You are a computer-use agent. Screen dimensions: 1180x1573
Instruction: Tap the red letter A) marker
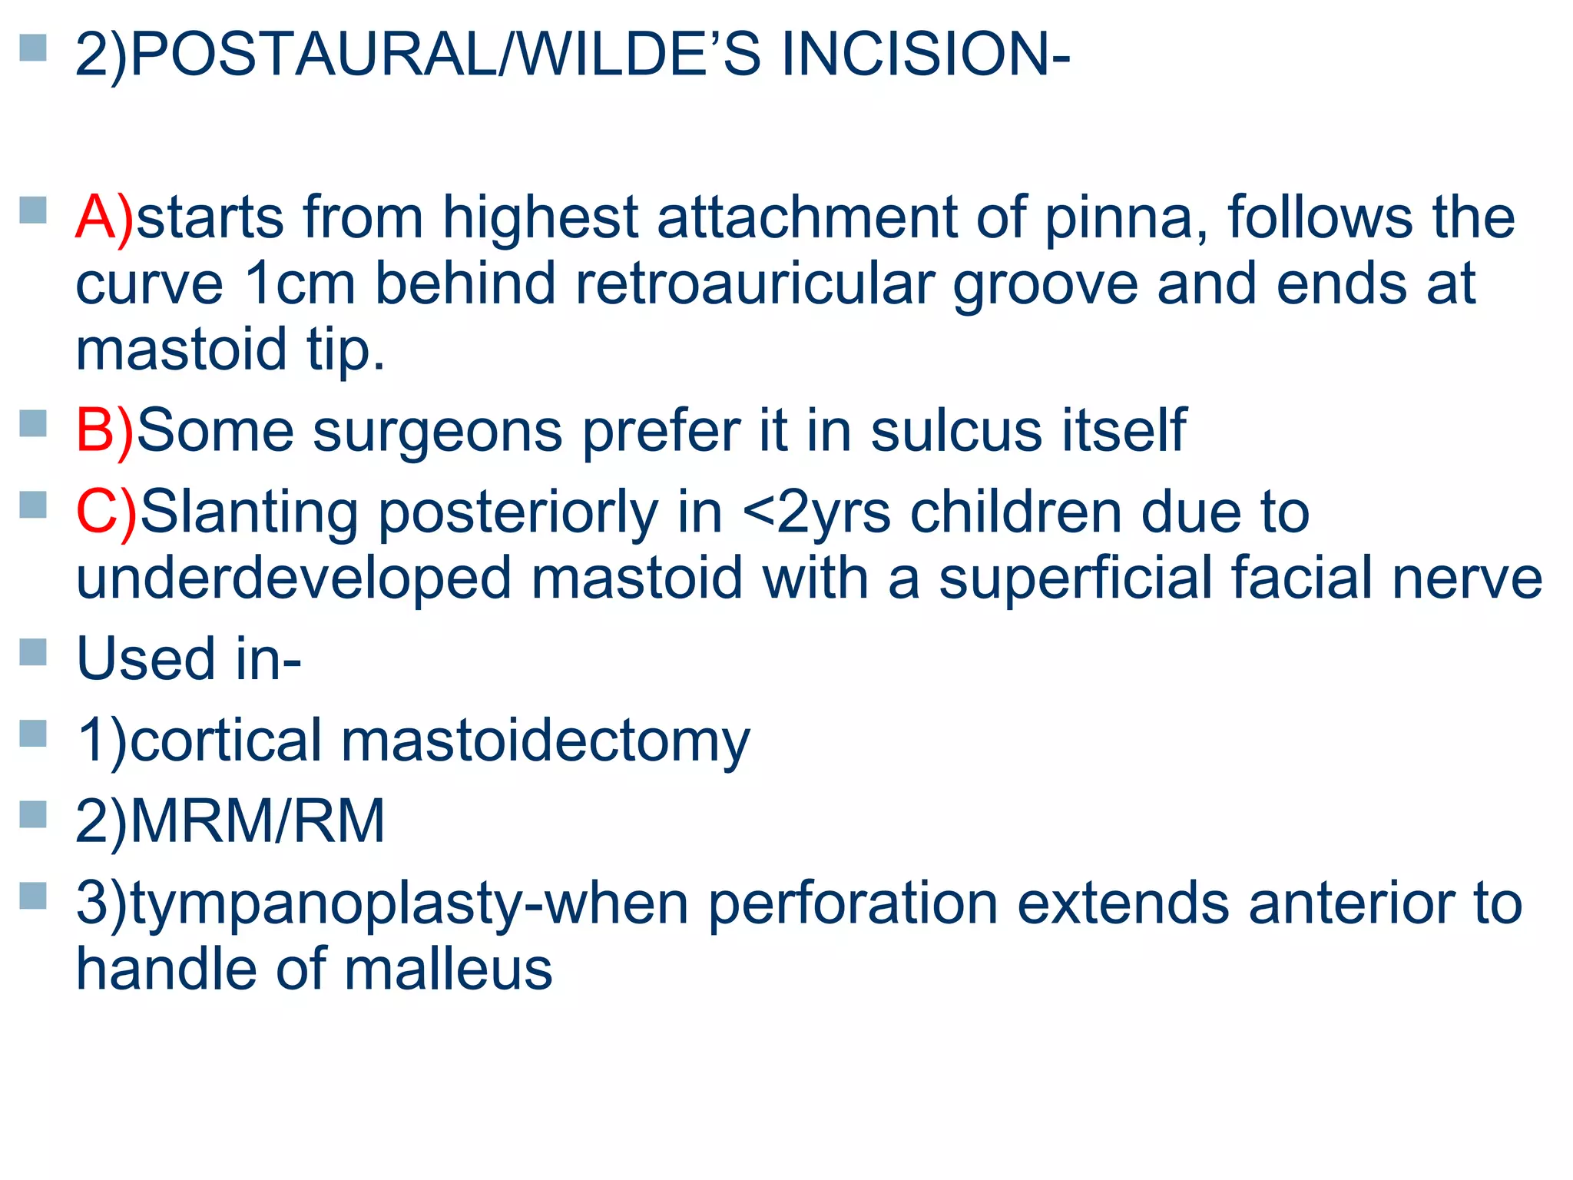104,217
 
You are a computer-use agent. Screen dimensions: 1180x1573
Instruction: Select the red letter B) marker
104,430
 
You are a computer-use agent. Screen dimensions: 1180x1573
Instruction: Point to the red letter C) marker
106,512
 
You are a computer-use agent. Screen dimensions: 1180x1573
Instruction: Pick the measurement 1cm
300,283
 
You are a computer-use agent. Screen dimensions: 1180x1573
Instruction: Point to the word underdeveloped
293,578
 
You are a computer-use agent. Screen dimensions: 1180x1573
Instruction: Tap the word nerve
1467,578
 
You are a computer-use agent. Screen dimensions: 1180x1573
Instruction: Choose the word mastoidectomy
545,741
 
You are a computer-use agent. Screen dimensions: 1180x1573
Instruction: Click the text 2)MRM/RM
230,821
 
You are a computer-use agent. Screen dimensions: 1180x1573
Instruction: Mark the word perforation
853,903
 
